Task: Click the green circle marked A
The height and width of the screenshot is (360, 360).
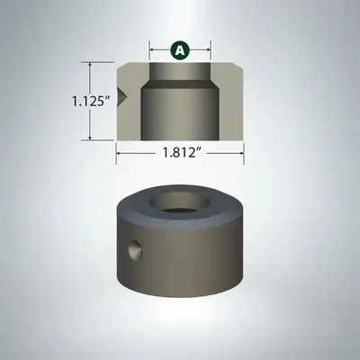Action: tap(180, 50)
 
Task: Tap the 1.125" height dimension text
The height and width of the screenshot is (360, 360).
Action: tap(87, 101)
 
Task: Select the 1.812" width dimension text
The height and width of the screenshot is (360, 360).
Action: tap(181, 153)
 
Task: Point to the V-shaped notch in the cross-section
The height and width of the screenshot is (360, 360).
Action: tap(122, 96)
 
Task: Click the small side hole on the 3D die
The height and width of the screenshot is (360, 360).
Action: tap(135, 249)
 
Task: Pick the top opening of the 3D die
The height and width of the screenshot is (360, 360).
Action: tap(180, 202)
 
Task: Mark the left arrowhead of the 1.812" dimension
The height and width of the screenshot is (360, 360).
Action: tap(119, 153)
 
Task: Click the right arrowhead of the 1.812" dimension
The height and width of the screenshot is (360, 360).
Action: tap(241, 153)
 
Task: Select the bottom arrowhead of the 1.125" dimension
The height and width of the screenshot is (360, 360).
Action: tap(90, 137)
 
